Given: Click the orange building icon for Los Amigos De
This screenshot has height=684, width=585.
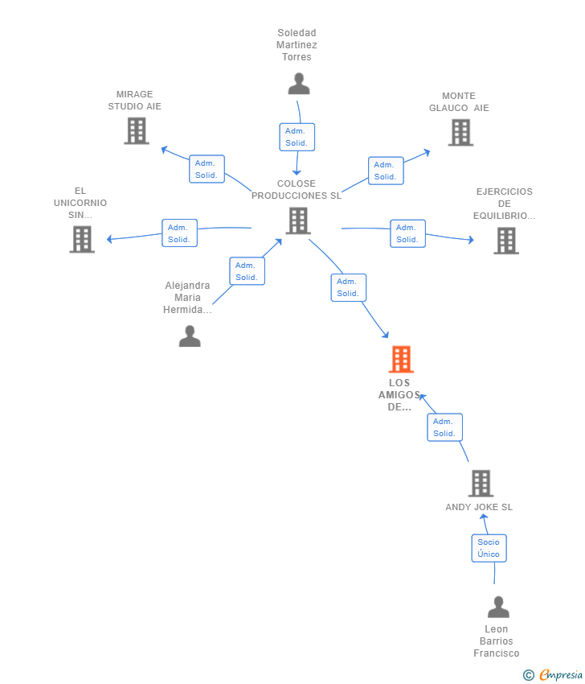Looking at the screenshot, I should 401,359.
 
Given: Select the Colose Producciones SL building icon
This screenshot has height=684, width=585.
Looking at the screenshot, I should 297,220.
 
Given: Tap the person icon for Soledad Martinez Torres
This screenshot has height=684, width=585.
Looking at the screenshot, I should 299,84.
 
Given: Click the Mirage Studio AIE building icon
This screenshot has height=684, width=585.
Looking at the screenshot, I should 137,130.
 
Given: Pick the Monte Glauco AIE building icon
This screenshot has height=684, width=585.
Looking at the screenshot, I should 460,132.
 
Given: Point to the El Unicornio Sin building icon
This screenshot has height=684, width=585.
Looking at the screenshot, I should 82,239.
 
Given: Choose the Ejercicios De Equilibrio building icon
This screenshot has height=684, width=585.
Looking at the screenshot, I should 505,240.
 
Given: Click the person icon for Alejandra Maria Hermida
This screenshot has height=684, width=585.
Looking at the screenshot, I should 190,336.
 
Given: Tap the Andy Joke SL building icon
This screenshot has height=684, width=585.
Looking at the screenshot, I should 481,483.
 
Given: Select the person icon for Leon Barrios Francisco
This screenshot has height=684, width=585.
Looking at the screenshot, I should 498,607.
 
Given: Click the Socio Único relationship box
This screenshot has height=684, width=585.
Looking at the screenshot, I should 489,548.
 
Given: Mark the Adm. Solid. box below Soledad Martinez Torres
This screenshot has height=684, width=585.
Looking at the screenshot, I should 297,137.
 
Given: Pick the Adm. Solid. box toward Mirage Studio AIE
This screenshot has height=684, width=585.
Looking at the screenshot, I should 207,169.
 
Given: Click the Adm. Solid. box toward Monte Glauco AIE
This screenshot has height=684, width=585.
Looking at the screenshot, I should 385,171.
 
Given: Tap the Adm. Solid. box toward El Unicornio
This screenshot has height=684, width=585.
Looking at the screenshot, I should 179,233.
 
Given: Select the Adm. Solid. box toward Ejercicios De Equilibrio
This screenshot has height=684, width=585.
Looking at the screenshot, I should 407,233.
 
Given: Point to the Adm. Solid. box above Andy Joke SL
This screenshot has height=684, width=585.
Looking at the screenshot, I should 444,427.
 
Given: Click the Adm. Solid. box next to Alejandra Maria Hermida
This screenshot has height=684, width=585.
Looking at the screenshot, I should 247,271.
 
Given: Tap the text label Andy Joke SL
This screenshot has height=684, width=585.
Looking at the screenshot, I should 479,508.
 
